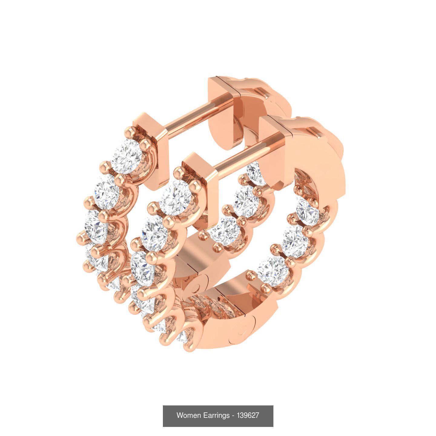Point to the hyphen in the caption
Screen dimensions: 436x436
click(233, 415)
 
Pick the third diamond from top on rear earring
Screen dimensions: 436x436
click(96, 228)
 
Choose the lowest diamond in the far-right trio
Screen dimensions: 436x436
click(273, 271)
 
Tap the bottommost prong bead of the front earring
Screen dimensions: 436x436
click(189, 346)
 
